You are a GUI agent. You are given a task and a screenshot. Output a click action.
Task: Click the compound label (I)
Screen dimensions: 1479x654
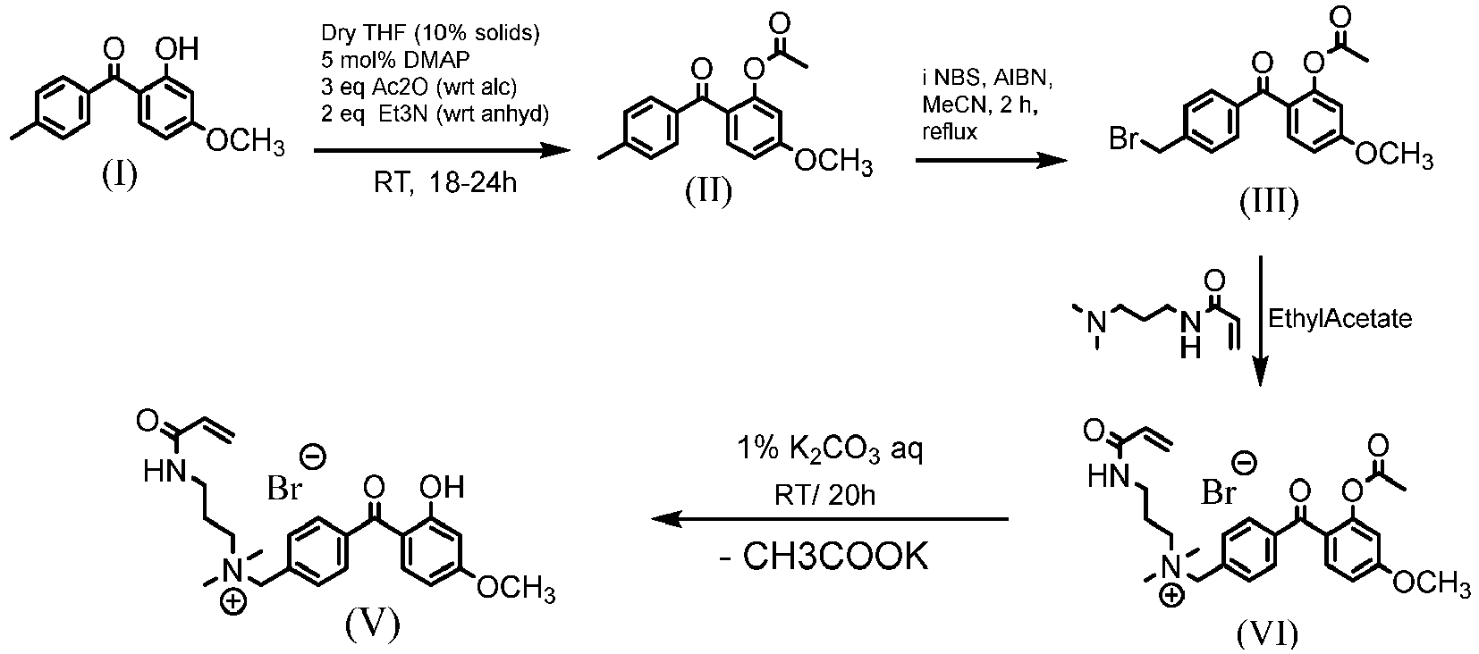[x=119, y=174]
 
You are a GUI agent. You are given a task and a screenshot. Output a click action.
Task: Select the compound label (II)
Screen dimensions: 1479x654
[x=708, y=191]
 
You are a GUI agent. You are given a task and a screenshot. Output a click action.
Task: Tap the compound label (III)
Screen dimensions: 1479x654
[x=1268, y=202]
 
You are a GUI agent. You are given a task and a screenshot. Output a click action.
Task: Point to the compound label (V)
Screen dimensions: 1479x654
[x=372, y=623]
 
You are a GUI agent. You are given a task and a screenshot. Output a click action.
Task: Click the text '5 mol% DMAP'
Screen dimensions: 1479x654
[x=395, y=60]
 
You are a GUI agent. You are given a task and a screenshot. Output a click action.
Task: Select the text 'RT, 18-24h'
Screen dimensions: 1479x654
[x=445, y=182]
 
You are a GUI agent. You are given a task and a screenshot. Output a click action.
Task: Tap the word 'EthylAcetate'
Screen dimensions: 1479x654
[x=1340, y=319]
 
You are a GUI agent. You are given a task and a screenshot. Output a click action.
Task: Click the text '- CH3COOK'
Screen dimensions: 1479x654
[x=824, y=557]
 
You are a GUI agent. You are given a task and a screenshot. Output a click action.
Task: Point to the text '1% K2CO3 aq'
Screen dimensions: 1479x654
[x=829, y=450]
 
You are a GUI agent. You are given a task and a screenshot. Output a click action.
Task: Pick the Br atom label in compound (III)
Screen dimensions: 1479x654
[x=1124, y=138]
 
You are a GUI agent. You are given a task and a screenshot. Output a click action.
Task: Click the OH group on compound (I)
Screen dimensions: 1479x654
[x=175, y=49]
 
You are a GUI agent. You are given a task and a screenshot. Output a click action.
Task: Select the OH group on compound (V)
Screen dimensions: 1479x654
[x=442, y=487]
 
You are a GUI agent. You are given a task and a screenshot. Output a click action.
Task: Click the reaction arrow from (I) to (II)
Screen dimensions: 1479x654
[x=442, y=151]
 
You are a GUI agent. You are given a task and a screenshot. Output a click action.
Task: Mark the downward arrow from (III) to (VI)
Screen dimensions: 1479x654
[x=1260, y=321]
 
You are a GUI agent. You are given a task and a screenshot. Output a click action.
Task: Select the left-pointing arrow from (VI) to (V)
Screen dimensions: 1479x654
[x=830, y=519]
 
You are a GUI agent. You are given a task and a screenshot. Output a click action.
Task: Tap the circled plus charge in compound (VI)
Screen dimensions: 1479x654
[x=1171, y=597]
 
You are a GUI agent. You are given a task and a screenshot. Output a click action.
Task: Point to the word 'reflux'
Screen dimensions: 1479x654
[x=950, y=131]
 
